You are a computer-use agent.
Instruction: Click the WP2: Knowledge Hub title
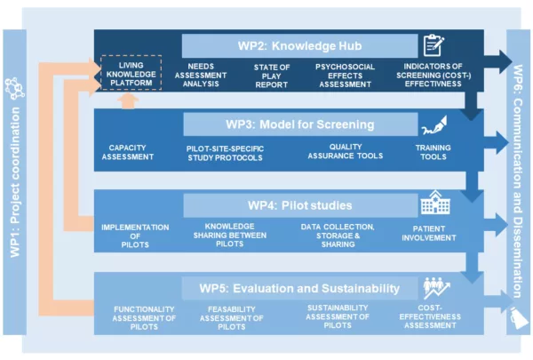point(300,46)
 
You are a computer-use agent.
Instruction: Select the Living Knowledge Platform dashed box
point(131,73)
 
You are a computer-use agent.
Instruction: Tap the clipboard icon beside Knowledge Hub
point(434,45)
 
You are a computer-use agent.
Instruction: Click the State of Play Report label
point(272,76)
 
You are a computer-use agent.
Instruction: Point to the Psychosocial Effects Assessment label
point(345,76)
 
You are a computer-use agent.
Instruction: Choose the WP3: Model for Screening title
point(300,124)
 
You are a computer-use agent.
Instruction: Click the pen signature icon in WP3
point(434,125)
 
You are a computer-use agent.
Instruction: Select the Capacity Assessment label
point(127,152)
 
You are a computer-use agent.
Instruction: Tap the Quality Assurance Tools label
point(346,151)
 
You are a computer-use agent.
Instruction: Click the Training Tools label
point(434,152)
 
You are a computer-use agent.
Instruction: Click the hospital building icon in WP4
point(435,203)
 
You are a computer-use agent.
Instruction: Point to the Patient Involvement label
point(429,233)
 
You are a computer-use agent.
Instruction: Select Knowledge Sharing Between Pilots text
point(230,236)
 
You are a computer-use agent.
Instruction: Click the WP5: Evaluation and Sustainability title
point(299,289)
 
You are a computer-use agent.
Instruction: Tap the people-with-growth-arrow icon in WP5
point(437,288)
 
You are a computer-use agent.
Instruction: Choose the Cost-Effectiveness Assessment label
point(430,316)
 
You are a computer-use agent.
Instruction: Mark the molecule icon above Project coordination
point(14,89)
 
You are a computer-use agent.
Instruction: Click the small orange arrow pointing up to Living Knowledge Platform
point(128,101)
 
